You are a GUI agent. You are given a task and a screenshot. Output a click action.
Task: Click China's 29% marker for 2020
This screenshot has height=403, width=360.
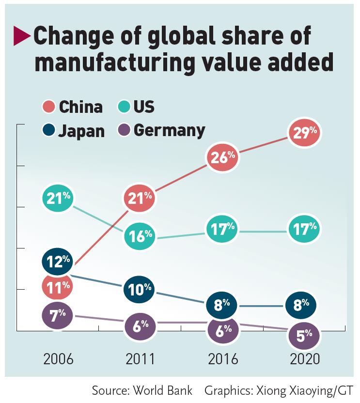pyautogui.click(x=304, y=133)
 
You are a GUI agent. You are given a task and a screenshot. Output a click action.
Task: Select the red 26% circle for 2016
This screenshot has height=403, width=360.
pyautogui.click(x=222, y=156)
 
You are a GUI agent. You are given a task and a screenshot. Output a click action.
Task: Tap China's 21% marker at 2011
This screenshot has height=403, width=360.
pyautogui.click(x=140, y=198)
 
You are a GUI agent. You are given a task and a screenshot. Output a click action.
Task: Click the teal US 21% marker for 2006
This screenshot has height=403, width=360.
pyautogui.click(x=58, y=198)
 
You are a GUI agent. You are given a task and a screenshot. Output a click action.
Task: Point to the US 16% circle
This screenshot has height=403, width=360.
pyautogui.click(x=140, y=235)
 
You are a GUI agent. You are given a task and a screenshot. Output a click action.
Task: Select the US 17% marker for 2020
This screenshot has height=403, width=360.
pyautogui.click(x=304, y=228)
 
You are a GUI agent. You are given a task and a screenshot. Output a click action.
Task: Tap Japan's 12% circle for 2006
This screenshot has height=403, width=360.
pyautogui.click(x=58, y=262)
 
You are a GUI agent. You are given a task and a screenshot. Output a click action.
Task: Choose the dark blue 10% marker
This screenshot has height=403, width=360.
pyautogui.click(x=140, y=290)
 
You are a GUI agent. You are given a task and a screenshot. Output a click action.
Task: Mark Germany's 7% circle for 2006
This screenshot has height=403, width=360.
pyautogui.click(x=58, y=315)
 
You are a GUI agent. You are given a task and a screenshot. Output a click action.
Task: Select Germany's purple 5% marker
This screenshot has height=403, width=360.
pyautogui.click(x=304, y=335)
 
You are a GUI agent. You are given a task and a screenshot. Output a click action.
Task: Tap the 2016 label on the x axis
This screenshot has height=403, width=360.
pyautogui.click(x=222, y=359)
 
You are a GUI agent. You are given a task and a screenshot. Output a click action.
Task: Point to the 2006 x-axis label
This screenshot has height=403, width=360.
pyautogui.click(x=58, y=359)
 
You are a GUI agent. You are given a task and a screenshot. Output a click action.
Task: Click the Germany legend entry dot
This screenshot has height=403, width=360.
pyautogui.click(x=124, y=131)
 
